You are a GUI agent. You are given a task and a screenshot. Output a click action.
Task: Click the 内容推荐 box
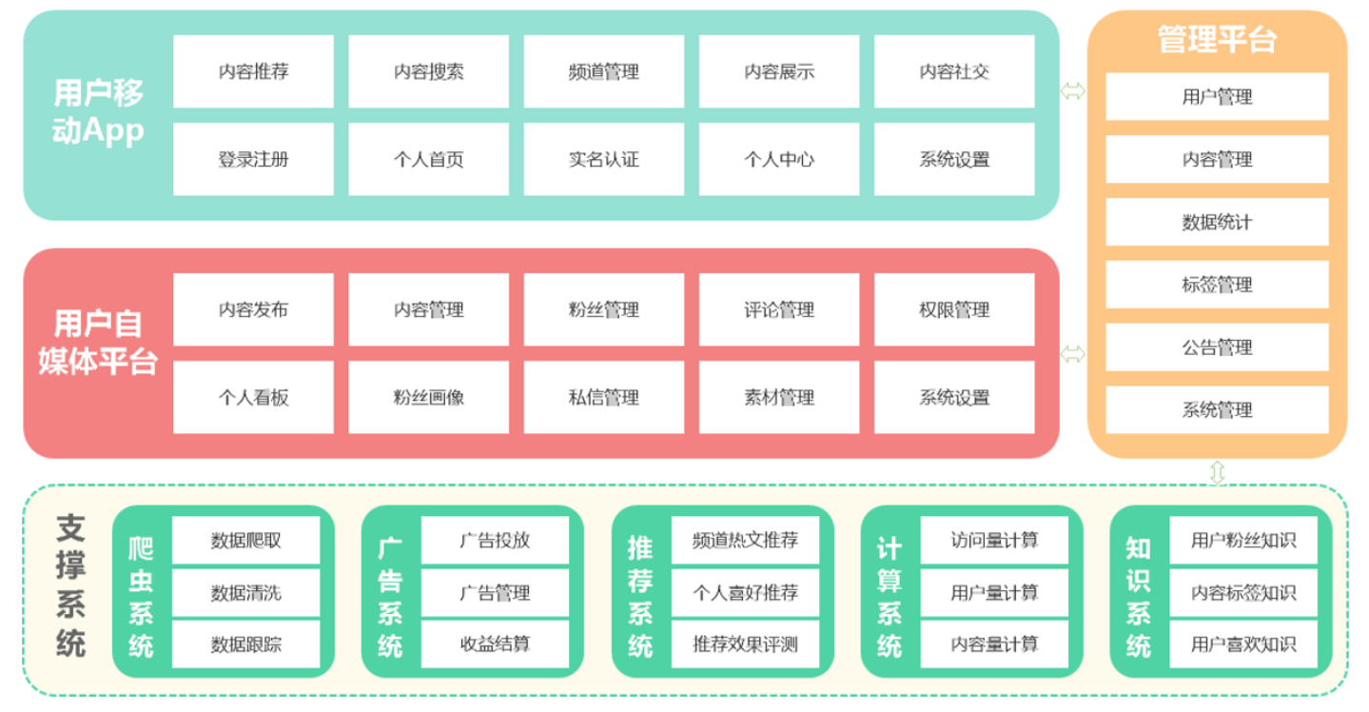[x=253, y=71]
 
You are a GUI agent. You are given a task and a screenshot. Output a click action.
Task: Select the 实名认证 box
[x=603, y=159]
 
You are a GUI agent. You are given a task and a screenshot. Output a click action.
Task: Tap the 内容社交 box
[x=953, y=71]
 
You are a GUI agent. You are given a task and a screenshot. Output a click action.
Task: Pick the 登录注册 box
[x=253, y=159]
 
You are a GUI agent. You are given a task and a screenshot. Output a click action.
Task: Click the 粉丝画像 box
[x=428, y=397]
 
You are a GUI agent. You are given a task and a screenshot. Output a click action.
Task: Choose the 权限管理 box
[x=953, y=309]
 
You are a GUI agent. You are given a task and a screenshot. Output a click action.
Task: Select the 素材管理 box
[x=778, y=397]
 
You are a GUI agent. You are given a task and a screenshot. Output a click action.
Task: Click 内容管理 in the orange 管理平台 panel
[x=1217, y=159]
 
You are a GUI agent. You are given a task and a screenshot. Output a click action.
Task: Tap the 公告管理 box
[x=1217, y=347]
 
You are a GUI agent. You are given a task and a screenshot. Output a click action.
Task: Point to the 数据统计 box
[x=1217, y=222]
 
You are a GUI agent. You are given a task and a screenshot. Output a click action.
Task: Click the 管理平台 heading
[x=1217, y=40]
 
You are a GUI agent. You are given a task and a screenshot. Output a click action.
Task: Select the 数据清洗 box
[x=245, y=593]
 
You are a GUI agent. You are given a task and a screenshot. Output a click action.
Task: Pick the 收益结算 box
[x=495, y=644]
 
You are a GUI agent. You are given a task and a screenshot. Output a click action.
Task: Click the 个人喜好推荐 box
[x=745, y=593]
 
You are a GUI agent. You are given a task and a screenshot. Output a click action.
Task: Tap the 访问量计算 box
[x=994, y=541]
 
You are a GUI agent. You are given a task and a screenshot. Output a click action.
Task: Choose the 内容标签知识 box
[x=1242, y=593]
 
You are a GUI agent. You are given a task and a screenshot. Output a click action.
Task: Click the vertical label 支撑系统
[x=70, y=586]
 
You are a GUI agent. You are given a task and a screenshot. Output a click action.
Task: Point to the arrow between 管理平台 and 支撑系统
[x=1217, y=472]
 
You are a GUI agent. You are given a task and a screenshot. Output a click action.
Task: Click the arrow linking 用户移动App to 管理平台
[x=1073, y=91]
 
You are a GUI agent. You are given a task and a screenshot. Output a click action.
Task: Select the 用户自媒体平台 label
[x=97, y=342]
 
